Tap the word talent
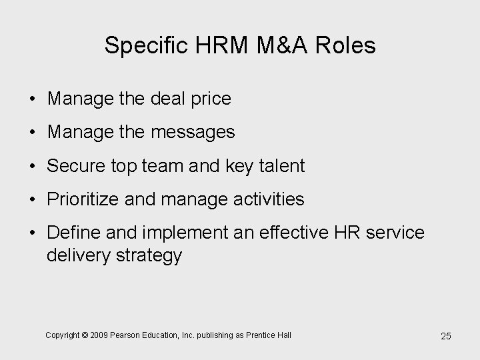[280, 166]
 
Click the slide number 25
[445, 336]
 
